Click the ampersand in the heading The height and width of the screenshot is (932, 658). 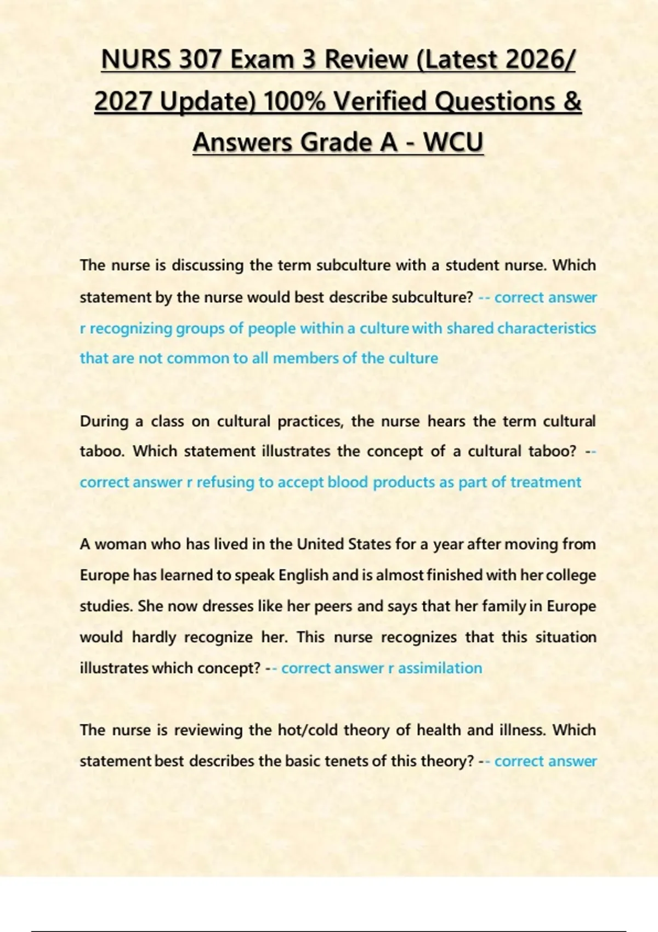[571, 101]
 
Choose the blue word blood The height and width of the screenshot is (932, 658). [348, 482]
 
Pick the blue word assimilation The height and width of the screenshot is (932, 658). [440, 668]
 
